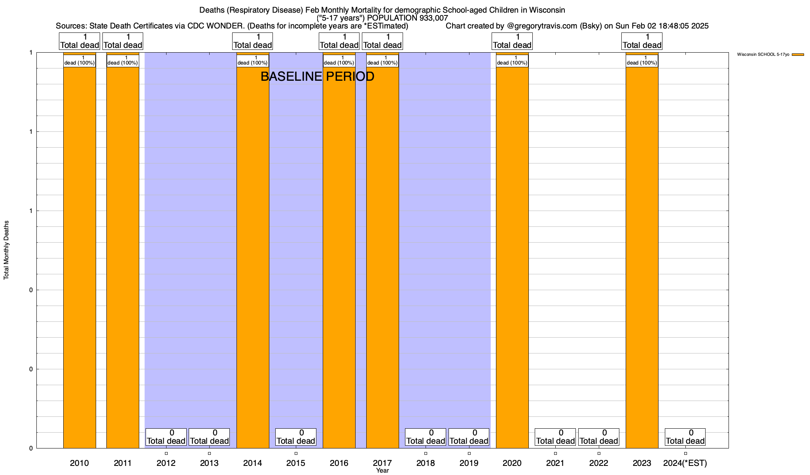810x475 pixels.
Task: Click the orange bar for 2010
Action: [x=79, y=257]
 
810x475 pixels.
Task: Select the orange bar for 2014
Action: [x=253, y=257]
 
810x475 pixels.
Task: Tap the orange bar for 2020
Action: [x=512, y=257]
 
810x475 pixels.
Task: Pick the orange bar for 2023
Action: [x=642, y=257]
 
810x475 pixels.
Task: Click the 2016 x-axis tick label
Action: [x=339, y=463]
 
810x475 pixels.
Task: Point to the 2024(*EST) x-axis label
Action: [x=685, y=463]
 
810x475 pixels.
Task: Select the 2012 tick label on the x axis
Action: [x=166, y=463]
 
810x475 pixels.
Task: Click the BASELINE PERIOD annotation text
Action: [x=317, y=76]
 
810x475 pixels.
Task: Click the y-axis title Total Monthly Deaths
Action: [x=6, y=250]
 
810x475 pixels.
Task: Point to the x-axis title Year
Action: [x=382, y=471]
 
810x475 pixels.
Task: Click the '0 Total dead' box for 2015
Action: [x=296, y=437]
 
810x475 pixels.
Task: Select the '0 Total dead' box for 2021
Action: [x=555, y=437]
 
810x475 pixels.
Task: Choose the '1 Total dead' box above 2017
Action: [x=382, y=41]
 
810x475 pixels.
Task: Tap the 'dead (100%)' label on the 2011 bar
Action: [x=123, y=61]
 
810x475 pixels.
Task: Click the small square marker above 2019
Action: [x=469, y=453]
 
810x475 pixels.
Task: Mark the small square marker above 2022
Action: [x=599, y=453]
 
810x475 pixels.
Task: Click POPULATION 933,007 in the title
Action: [x=407, y=18]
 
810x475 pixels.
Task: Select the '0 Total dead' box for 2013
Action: [x=209, y=437]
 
